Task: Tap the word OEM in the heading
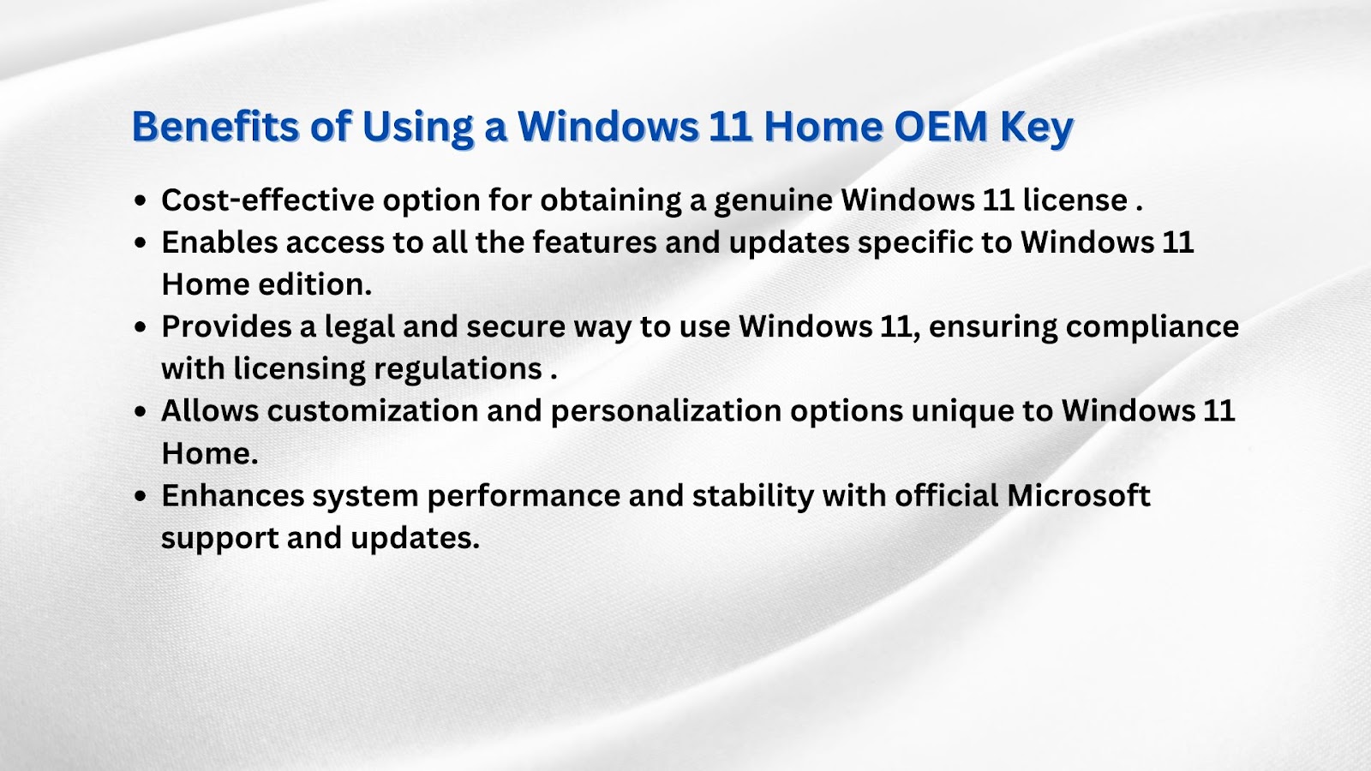tap(941, 126)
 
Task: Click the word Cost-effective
tap(267, 200)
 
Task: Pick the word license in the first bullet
tap(1075, 200)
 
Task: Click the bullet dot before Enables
tap(141, 243)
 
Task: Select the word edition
tap(314, 284)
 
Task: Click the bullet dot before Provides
tap(141, 327)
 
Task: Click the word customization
tap(373, 410)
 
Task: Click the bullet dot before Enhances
tap(141, 496)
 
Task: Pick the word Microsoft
tap(1079, 496)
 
